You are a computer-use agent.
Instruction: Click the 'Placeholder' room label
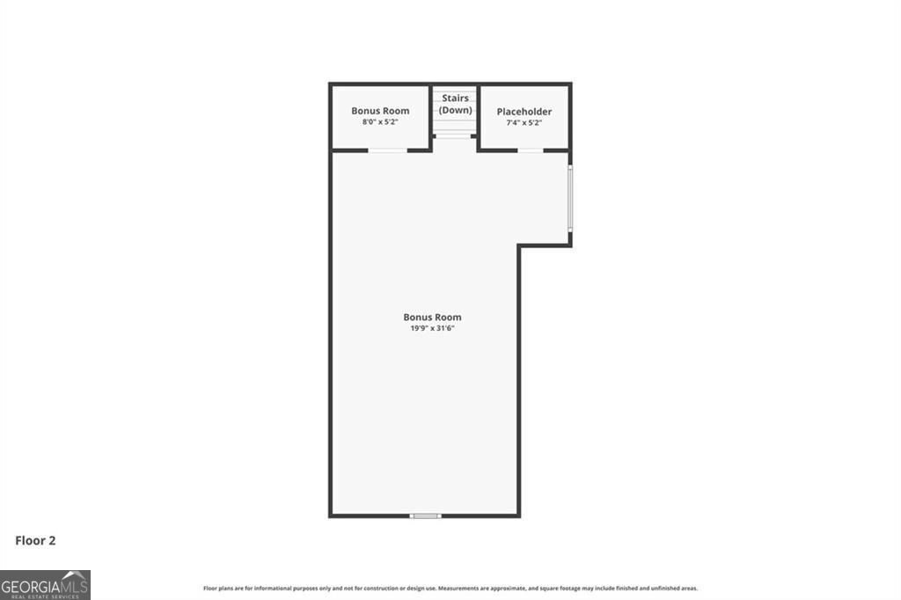[x=524, y=112]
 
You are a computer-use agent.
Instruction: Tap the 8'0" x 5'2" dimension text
[x=380, y=122]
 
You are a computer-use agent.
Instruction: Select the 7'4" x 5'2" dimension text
[x=524, y=123]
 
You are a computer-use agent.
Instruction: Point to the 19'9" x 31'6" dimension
[x=432, y=328]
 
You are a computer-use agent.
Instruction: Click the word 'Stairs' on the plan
[x=456, y=99]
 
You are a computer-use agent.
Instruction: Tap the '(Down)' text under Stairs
[x=456, y=110]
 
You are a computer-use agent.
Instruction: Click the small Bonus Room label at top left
[x=380, y=111]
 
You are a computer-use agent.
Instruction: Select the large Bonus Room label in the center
[x=432, y=318]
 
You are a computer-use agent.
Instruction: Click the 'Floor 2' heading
[x=35, y=541]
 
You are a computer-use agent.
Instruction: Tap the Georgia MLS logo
[x=45, y=584]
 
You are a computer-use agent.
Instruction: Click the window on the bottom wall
[x=426, y=516]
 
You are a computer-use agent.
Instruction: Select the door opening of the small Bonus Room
[x=387, y=150]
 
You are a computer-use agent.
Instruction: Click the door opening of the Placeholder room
[x=530, y=150]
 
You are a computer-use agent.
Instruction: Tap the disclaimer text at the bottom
[x=450, y=588]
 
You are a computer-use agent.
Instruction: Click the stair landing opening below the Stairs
[x=455, y=143]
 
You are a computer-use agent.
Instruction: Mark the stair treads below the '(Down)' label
[x=455, y=128]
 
